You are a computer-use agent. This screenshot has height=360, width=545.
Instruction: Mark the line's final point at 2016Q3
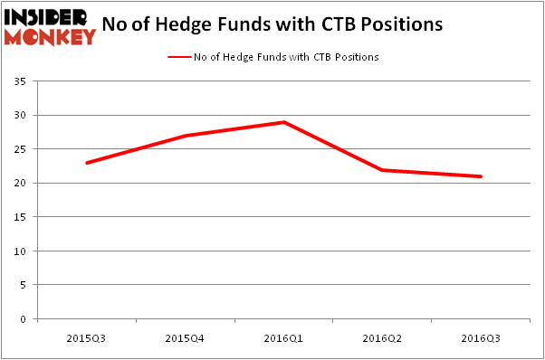click(x=481, y=176)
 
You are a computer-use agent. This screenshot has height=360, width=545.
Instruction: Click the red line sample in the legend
click(x=179, y=57)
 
